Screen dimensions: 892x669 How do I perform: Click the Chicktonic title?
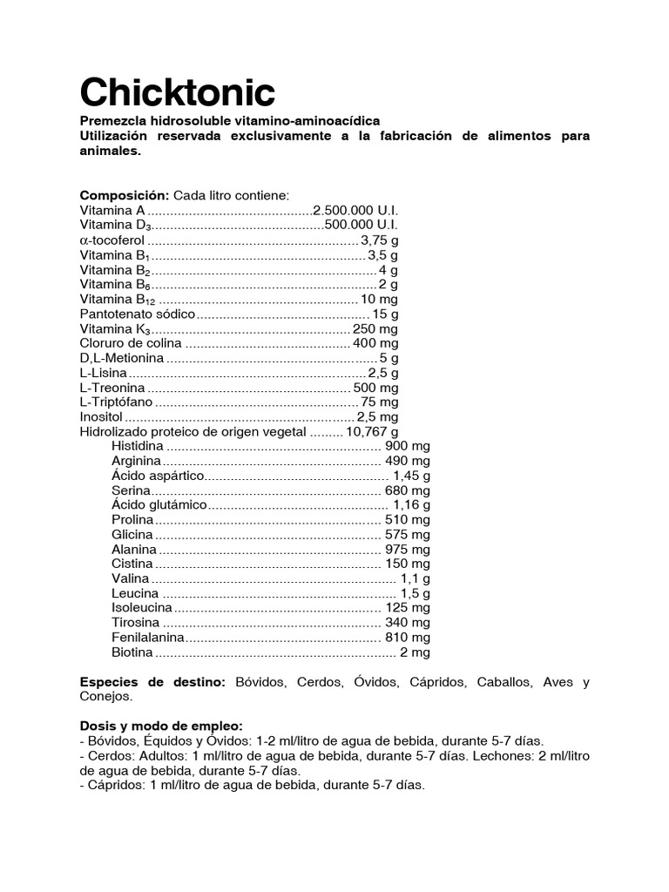point(178,91)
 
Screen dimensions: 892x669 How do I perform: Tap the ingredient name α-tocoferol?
point(112,240)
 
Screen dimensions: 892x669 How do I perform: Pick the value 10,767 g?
point(372,431)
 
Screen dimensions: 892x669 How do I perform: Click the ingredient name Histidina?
point(138,446)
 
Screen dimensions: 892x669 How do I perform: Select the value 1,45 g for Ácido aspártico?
point(411,476)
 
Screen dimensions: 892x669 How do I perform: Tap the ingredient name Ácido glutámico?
point(159,504)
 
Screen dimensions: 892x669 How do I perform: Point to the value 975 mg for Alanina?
point(407,550)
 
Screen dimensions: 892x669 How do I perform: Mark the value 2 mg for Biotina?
point(415,652)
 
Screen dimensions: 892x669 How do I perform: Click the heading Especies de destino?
point(152,682)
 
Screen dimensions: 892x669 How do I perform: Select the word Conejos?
point(105,697)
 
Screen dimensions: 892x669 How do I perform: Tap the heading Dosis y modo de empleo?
point(161,726)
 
